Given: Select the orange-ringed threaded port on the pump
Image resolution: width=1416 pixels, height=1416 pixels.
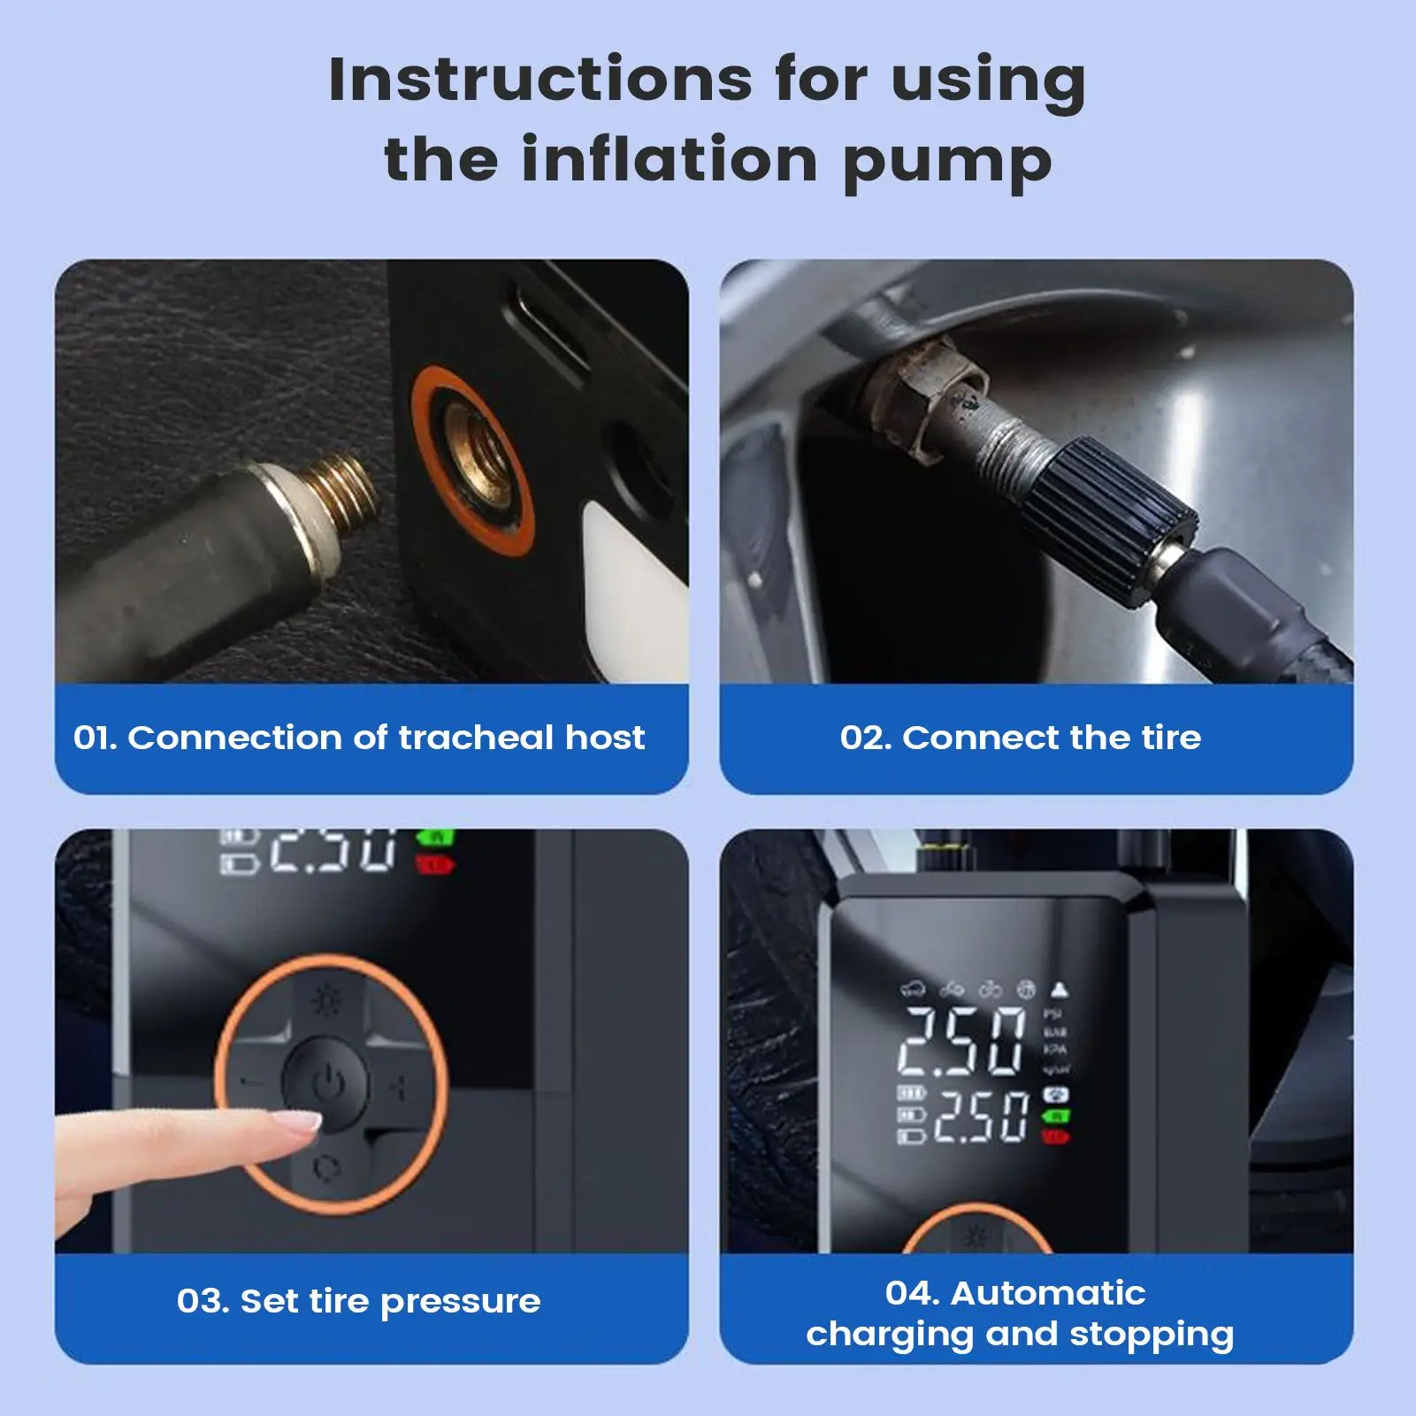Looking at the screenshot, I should (472, 460).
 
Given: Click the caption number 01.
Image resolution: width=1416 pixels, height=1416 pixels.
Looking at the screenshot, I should (95, 738).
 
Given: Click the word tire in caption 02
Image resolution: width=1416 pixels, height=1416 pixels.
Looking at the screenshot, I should (1171, 738).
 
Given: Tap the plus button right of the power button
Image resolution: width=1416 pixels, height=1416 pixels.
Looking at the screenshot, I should (399, 1087).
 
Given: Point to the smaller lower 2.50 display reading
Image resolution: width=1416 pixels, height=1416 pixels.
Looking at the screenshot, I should (981, 1116).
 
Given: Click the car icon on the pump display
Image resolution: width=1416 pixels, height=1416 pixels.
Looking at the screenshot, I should (912, 989).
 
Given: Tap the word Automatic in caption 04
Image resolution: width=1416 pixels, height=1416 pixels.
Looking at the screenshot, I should (1047, 1293).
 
